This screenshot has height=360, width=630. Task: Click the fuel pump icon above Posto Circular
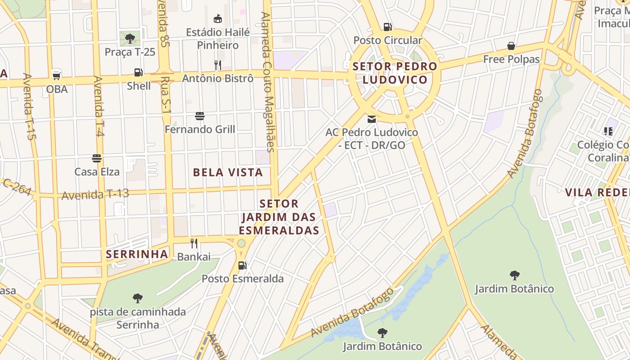387,27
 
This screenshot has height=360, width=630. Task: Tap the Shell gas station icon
139,72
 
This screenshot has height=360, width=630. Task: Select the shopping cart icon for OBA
57,75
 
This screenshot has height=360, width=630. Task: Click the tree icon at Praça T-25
130,38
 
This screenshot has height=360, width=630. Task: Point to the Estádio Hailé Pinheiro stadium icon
218,18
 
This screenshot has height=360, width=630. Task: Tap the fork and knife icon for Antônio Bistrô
218,65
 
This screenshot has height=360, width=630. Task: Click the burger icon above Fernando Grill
200,116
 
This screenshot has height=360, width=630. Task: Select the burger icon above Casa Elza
97,158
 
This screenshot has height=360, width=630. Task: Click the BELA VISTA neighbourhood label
228,172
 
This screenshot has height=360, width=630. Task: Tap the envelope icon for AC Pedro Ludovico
372,119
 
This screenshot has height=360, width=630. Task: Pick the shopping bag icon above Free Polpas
511,46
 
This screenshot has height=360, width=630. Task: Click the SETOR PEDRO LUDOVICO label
395,73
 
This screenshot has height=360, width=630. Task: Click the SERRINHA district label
137,254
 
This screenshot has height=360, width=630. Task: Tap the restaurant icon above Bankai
194,243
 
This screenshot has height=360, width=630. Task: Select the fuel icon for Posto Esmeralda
242,265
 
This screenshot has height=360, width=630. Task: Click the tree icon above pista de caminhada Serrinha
138,298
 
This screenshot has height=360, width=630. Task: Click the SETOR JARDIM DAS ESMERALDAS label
279,217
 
